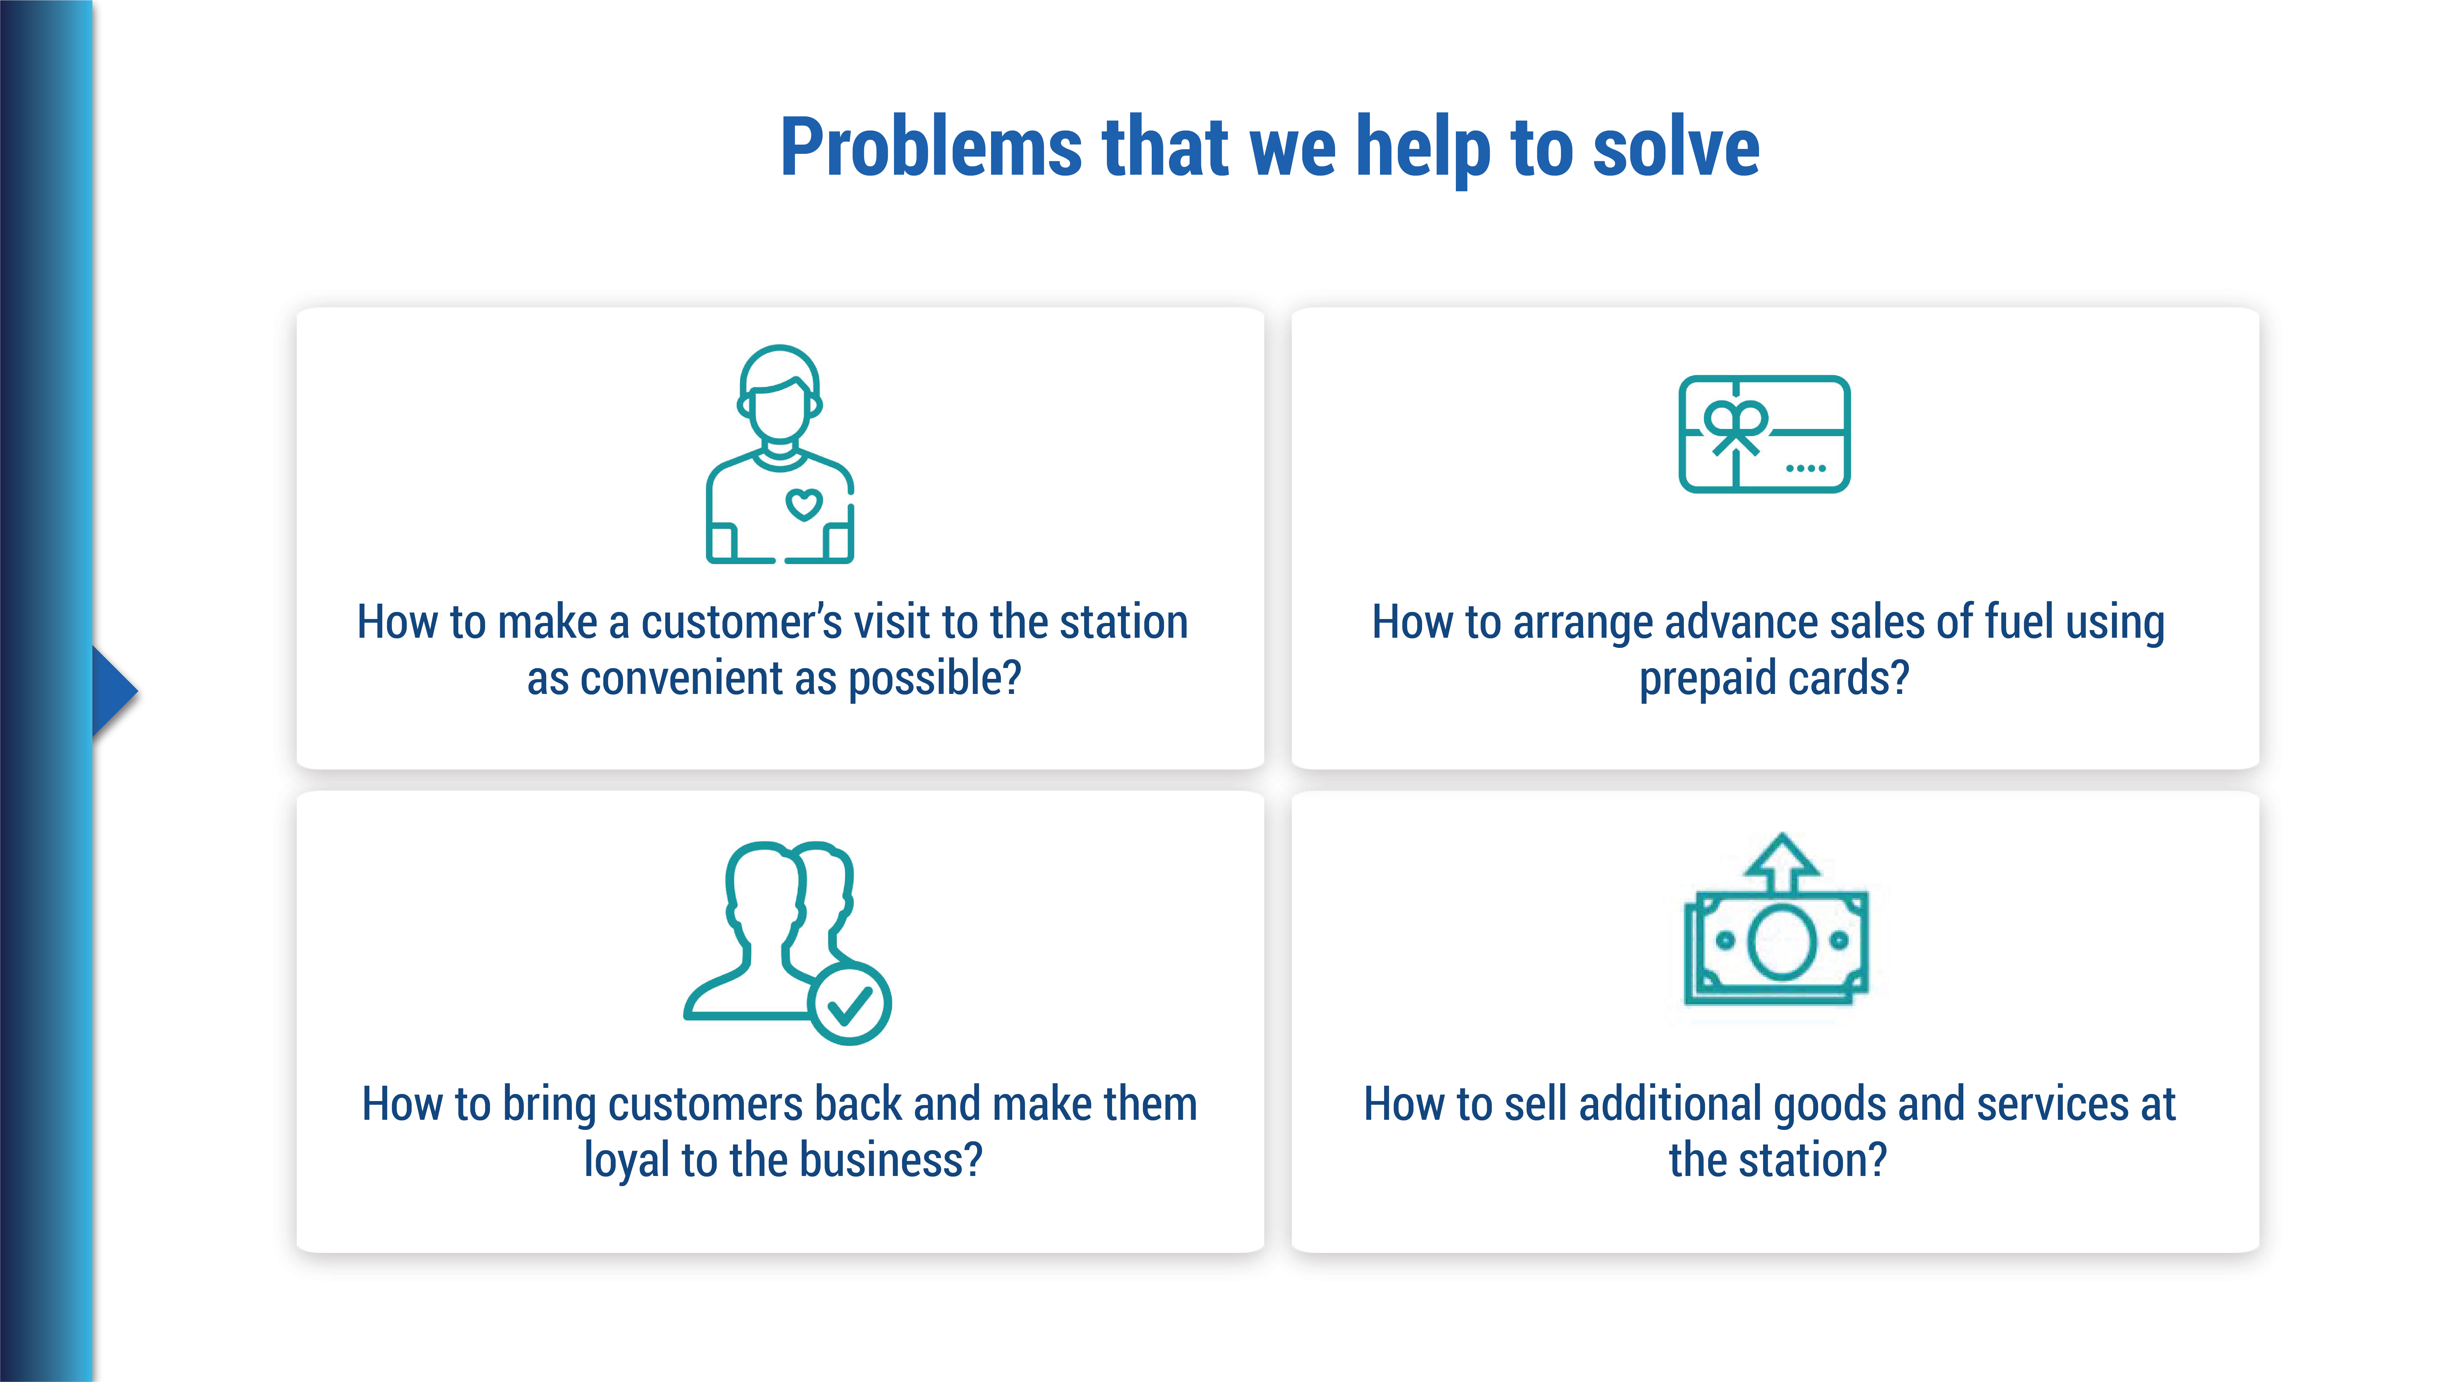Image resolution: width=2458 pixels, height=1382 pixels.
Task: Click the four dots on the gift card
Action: click(1805, 468)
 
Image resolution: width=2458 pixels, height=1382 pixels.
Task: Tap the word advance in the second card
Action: click(1726, 622)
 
